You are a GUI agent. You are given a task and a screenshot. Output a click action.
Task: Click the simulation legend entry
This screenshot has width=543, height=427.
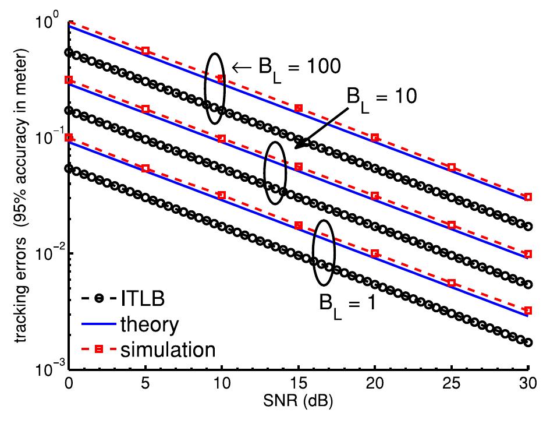[x=169, y=349]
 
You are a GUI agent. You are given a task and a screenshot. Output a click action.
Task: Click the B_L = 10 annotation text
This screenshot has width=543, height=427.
[x=382, y=96]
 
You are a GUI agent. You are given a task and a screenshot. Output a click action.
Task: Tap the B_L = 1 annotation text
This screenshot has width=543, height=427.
[x=347, y=303]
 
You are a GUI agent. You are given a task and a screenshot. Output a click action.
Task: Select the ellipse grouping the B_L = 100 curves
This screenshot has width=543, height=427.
[x=215, y=89]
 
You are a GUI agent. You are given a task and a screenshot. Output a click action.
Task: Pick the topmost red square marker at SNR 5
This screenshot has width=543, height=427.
[x=145, y=51]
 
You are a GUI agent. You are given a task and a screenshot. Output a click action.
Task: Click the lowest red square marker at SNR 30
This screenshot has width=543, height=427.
[x=528, y=310]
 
